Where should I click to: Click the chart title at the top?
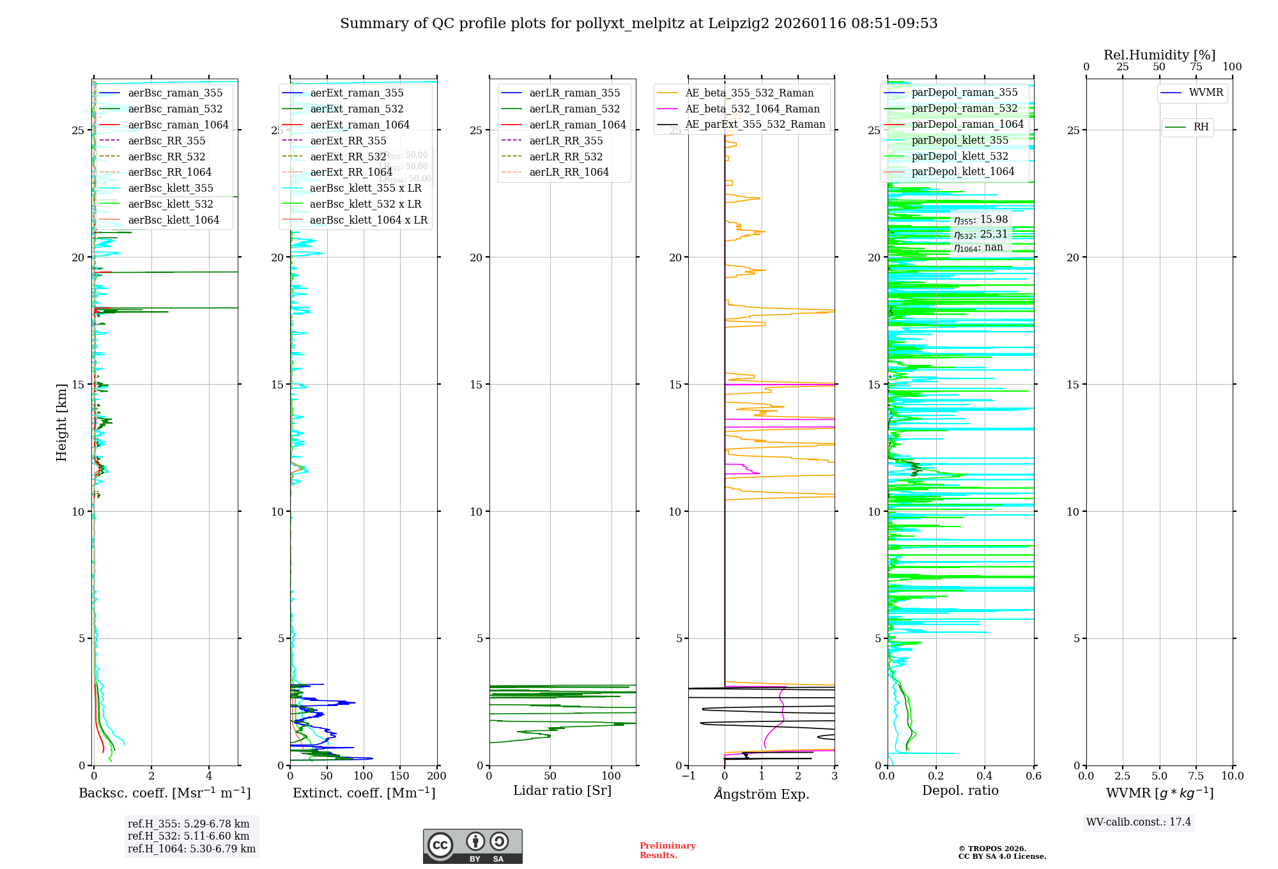click(x=638, y=24)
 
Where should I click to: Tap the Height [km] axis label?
click(x=61, y=422)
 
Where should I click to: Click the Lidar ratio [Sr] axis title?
click(x=562, y=790)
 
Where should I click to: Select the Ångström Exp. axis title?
click(x=761, y=794)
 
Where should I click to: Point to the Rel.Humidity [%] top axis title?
click(x=1159, y=55)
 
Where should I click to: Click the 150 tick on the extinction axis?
click(x=400, y=776)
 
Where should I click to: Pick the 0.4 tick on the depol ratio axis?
click(x=985, y=776)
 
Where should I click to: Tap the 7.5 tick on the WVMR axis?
click(x=1196, y=776)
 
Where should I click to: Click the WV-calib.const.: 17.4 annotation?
click(x=1139, y=822)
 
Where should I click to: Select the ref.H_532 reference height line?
click(x=189, y=836)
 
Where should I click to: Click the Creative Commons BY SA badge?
click(x=472, y=846)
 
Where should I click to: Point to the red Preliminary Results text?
click(x=667, y=850)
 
